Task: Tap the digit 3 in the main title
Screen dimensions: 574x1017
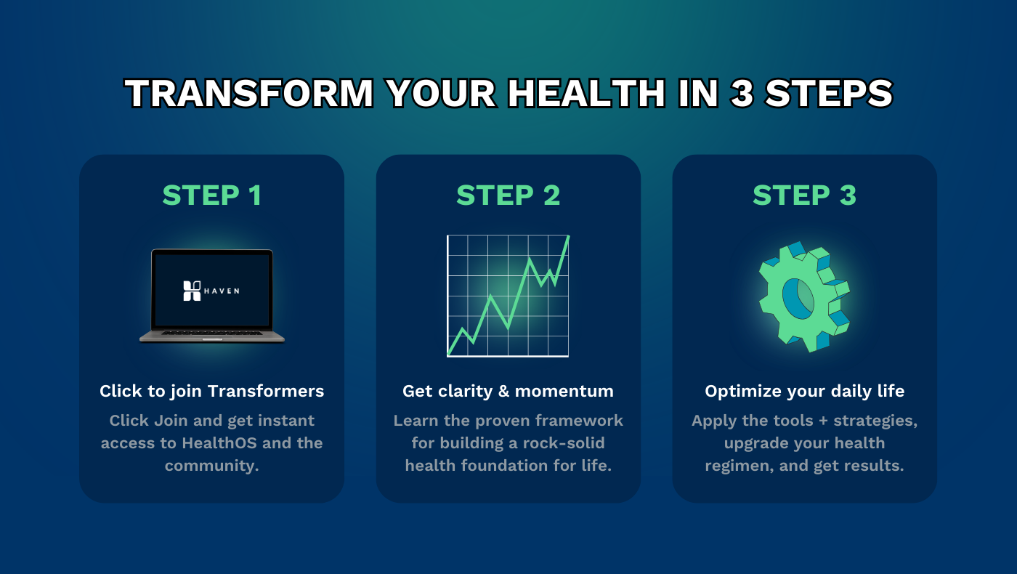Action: click(x=742, y=94)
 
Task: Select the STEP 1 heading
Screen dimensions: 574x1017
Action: click(x=211, y=195)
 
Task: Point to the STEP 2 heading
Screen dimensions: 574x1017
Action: click(x=508, y=195)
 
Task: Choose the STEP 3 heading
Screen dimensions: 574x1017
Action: click(x=804, y=195)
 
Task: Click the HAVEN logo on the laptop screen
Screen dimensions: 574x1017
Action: click(x=211, y=291)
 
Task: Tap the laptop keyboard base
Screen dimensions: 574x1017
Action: click(x=211, y=335)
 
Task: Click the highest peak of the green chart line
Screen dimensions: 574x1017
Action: click(x=567, y=236)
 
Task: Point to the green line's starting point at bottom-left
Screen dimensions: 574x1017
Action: click(x=449, y=355)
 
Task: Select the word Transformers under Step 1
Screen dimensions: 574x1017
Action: click(x=266, y=391)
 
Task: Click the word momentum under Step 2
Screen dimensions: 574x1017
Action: click(x=572, y=391)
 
